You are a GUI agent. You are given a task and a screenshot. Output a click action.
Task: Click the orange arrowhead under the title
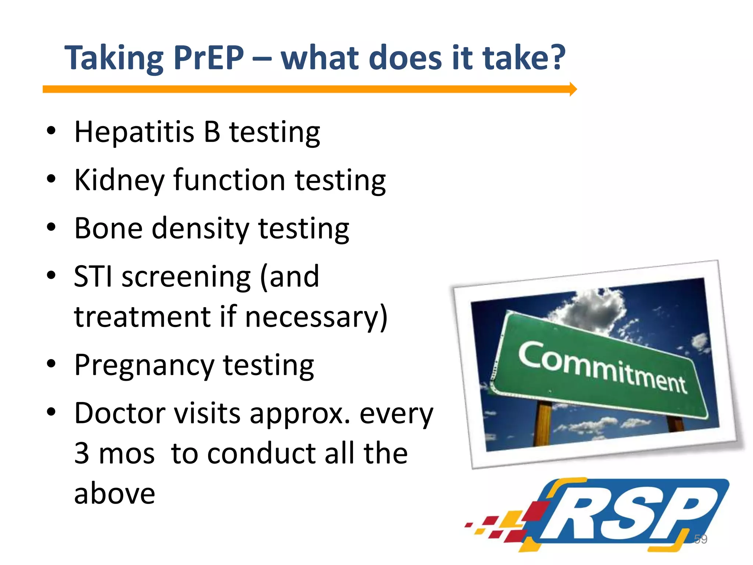573,89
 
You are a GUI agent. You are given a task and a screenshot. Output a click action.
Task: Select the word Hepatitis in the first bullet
134,132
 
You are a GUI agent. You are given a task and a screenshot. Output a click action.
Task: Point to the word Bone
108,228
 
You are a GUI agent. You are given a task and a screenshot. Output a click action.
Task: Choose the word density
200,229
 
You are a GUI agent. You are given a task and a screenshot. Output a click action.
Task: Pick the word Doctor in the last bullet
119,413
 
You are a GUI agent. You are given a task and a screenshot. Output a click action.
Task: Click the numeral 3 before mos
82,453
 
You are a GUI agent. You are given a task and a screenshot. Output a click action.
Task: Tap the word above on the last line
114,494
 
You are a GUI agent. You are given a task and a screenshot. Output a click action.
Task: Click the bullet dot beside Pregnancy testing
51,364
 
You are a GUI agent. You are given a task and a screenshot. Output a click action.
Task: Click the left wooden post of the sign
542,423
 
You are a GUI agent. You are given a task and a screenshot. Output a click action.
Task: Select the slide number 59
700,539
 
